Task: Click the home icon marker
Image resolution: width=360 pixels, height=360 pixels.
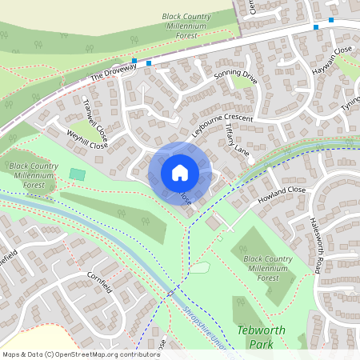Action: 180,172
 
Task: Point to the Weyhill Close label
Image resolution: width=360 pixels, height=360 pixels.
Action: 86,141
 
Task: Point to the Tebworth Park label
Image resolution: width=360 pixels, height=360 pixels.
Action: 256,337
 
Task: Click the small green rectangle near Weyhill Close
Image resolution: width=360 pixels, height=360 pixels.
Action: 77,174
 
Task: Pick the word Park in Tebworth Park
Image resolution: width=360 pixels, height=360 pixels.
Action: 256,345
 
